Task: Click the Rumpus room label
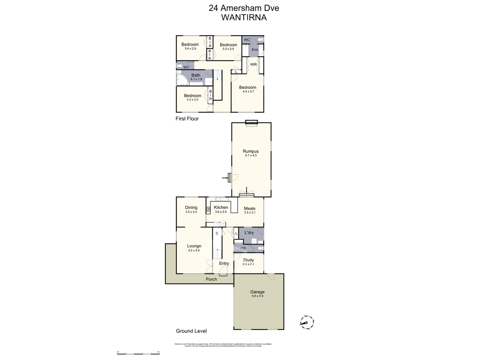click(x=251, y=151)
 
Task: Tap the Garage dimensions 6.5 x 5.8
click(x=257, y=296)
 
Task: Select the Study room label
click(x=248, y=260)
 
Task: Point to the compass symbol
click(x=307, y=322)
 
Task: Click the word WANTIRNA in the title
click(x=244, y=18)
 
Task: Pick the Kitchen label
click(x=221, y=207)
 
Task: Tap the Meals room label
click(x=250, y=208)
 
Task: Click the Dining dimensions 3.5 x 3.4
click(x=191, y=212)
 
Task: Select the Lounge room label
click(x=194, y=246)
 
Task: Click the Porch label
click(x=211, y=279)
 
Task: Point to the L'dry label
click(x=249, y=233)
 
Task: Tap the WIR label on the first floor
click(x=253, y=64)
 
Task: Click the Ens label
click(x=255, y=50)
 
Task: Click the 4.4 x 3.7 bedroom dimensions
click(x=248, y=92)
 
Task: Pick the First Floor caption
click(x=187, y=119)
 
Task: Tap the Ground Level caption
click(x=191, y=331)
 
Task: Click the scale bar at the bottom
click(x=138, y=353)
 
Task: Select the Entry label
click(x=224, y=263)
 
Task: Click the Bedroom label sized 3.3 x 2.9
click(x=228, y=45)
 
